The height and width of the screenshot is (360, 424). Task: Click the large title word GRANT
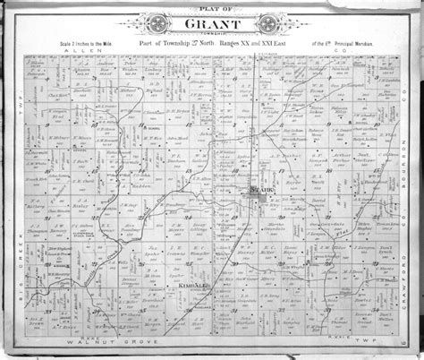(211, 23)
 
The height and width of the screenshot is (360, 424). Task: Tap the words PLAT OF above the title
(211, 7)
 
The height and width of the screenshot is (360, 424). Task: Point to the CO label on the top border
(343, 54)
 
